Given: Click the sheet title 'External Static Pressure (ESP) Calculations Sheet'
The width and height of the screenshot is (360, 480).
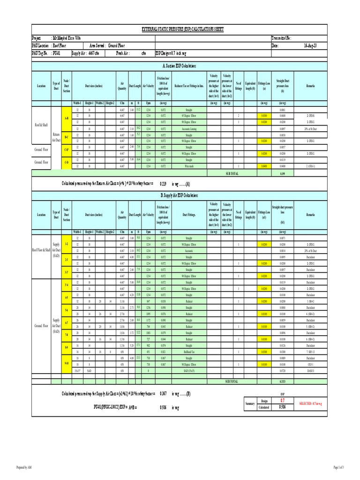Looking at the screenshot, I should click(x=183, y=29).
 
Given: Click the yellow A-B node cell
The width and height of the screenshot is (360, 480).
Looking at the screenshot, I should click(x=67, y=119).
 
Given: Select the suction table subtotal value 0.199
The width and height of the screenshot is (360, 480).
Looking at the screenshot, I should click(x=282, y=173).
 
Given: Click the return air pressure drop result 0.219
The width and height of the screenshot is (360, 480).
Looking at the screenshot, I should click(x=163, y=184).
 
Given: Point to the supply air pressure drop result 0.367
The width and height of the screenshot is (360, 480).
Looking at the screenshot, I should click(x=163, y=393).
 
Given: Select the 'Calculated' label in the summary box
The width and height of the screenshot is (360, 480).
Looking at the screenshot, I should click(x=264, y=407).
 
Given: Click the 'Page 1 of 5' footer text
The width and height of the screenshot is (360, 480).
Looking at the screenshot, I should click(x=338, y=467).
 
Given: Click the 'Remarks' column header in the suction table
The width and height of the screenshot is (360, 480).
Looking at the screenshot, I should click(x=311, y=86).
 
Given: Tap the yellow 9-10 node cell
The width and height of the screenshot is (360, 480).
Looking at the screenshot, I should click(x=67, y=363).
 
